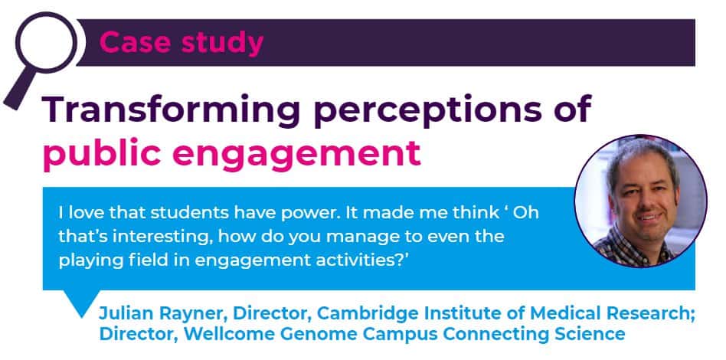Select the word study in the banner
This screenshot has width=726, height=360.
tap(222, 44)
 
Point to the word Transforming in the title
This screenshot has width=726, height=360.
tap(172, 110)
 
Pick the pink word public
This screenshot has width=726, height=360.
tap(102, 154)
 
